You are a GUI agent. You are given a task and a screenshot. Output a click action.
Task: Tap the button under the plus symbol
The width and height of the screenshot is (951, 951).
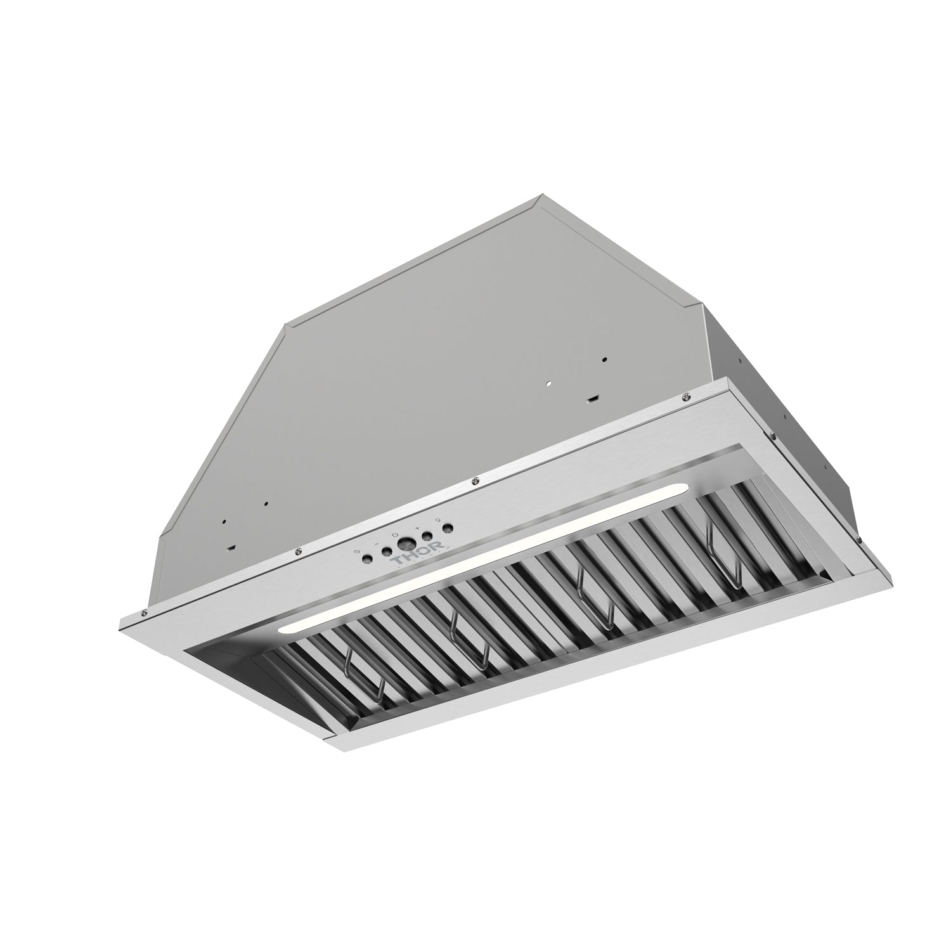(x=427, y=536)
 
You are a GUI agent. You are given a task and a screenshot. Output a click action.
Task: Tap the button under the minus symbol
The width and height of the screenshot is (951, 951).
(x=385, y=551)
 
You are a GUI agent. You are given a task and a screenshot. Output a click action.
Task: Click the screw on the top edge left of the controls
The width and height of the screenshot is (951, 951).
(x=296, y=552)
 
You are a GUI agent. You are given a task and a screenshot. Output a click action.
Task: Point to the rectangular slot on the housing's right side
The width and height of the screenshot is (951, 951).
(x=592, y=398)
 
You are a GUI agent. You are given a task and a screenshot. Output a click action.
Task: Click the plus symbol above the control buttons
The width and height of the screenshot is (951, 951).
(x=417, y=527)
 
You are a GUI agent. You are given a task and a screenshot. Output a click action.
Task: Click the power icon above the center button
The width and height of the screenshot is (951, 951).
(x=394, y=536)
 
